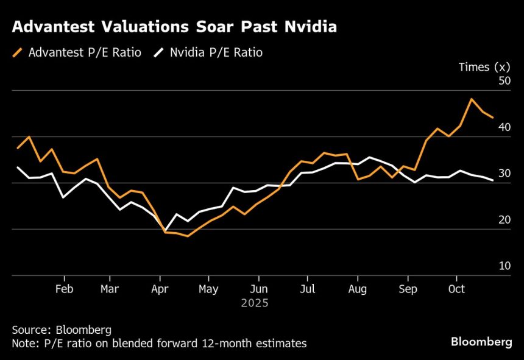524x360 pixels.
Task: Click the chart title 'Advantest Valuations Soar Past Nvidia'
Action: point(174,27)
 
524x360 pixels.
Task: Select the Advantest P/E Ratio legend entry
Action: point(77,53)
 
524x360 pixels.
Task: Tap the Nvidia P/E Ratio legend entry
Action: point(208,53)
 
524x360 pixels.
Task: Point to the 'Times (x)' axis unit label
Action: point(484,67)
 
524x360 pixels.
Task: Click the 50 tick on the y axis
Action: point(504,81)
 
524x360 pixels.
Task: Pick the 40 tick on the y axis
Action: point(504,127)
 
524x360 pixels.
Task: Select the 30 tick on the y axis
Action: point(504,174)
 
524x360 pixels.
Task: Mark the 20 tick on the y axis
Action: point(504,220)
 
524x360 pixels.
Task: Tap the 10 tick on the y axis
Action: point(504,266)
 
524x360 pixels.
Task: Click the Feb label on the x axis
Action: point(64,289)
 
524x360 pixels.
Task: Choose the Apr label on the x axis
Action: point(160,289)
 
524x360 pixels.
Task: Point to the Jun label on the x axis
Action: point(259,289)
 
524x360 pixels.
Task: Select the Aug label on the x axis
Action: point(358,289)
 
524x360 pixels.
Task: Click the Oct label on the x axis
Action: point(456,289)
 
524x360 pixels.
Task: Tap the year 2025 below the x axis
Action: point(254,302)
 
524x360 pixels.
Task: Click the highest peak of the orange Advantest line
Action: point(471,99)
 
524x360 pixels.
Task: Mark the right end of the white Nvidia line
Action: point(493,180)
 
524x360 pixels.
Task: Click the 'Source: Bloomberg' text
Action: point(62,330)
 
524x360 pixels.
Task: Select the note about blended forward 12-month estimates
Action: point(159,344)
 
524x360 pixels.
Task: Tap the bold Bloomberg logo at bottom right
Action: point(481,342)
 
